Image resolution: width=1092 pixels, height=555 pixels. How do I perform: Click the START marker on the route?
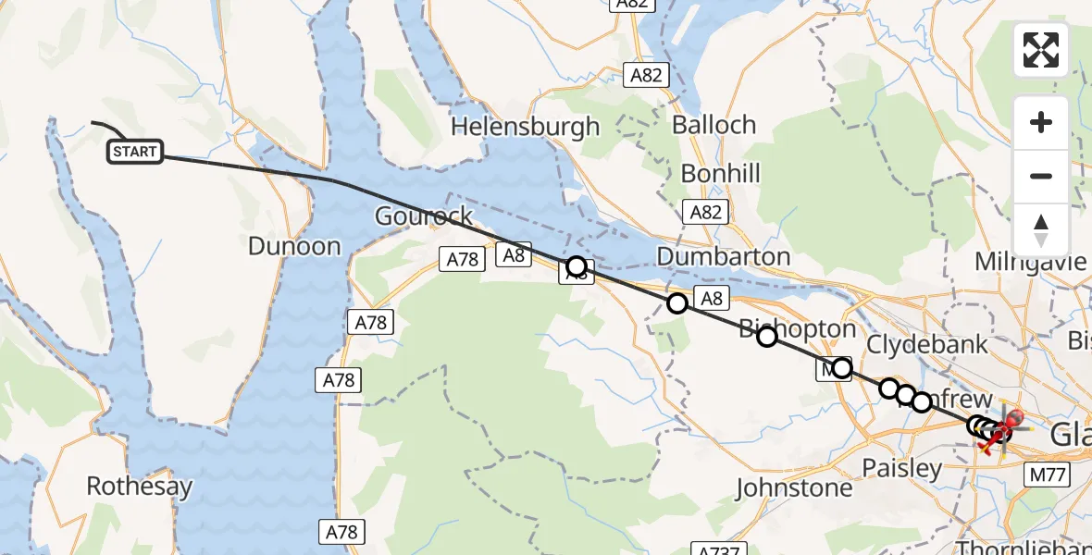[x=135, y=152]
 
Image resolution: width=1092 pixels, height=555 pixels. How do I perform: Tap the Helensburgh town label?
[x=525, y=127]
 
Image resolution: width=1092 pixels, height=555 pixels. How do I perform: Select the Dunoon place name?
[x=294, y=246]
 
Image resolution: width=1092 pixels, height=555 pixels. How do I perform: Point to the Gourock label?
[x=423, y=216]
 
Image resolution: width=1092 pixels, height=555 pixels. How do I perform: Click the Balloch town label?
[x=714, y=124]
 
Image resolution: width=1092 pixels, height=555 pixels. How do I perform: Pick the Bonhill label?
[x=720, y=173]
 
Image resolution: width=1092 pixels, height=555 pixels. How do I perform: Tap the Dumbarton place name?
[x=724, y=256]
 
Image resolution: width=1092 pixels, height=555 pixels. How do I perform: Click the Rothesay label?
[x=140, y=486]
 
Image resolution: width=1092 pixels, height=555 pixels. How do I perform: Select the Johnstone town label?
[x=793, y=487]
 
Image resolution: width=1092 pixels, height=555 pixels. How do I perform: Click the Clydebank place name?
[x=927, y=344]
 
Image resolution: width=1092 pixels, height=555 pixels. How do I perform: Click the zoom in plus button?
[x=1041, y=122]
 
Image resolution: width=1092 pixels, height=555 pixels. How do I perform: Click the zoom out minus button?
[x=1041, y=176]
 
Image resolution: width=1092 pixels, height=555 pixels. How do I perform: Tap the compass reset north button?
[x=1041, y=229]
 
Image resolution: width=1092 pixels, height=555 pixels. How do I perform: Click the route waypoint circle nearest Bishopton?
[x=766, y=337]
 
